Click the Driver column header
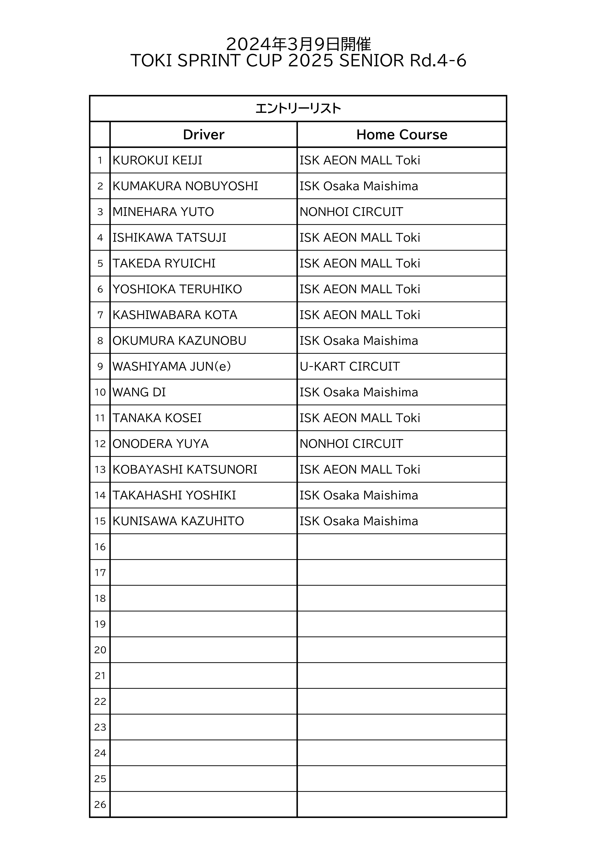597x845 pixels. click(x=203, y=135)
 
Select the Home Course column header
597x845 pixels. click(x=402, y=135)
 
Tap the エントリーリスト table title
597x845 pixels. click(x=298, y=109)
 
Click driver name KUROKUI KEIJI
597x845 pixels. click(x=157, y=160)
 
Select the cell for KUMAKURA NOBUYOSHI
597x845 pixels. click(x=185, y=186)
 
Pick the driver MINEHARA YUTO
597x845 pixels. click(x=163, y=212)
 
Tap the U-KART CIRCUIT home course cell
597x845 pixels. click(x=350, y=367)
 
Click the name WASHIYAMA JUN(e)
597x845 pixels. click(x=171, y=367)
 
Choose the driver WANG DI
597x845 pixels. click(x=139, y=392)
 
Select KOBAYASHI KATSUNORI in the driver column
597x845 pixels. click(x=185, y=470)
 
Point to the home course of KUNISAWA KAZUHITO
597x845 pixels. click(x=359, y=521)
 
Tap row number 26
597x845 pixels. click(x=100, y=805)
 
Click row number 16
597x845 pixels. click(x=100, y=547)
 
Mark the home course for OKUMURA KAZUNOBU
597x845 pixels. click(x=359, y=341)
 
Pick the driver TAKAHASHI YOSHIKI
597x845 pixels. click(x=174, y=495)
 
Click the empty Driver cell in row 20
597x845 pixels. click(x=203, y=650)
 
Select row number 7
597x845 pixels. click(x=100, y=315)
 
